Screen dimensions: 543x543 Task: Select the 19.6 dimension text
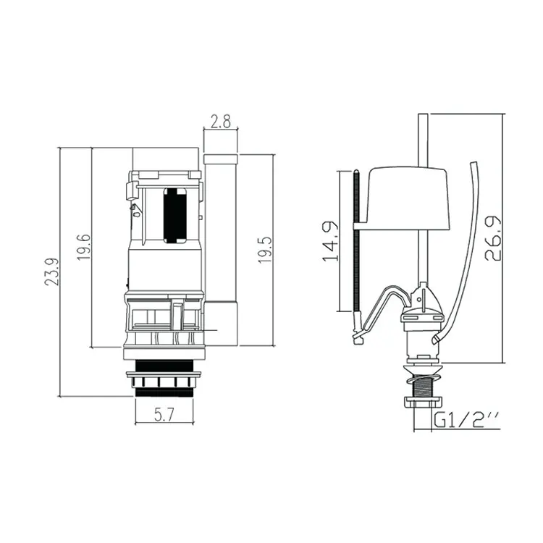tap(84, 248)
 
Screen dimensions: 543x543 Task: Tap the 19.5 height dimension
tap(265, 248)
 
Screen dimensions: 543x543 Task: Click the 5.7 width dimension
tap(164, 416)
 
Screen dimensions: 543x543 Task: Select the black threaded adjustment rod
tap(357, 253)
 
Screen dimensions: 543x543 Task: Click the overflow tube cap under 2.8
tap(220, 159)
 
